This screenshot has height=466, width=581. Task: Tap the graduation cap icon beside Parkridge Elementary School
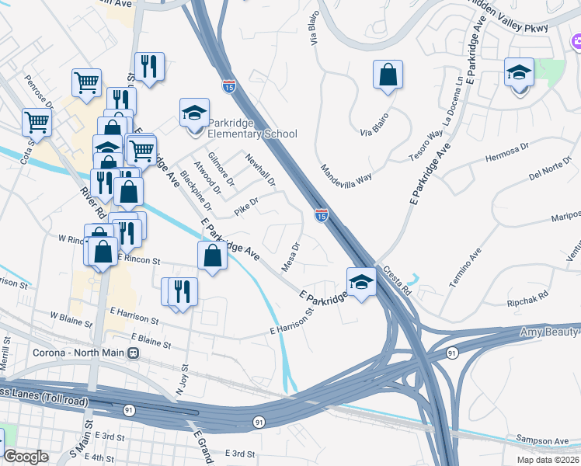[195, 113]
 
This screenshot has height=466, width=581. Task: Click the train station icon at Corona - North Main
[134, 353]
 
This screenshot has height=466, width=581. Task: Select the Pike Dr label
[246, 203]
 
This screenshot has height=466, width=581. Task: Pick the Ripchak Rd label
[527, 295]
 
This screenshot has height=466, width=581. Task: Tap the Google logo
[26, 457]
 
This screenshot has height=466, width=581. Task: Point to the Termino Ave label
[465, 269]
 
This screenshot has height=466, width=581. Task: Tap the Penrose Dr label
[38, 92]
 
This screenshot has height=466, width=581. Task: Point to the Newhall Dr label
[260, 169]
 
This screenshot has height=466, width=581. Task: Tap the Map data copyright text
[548, 459]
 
